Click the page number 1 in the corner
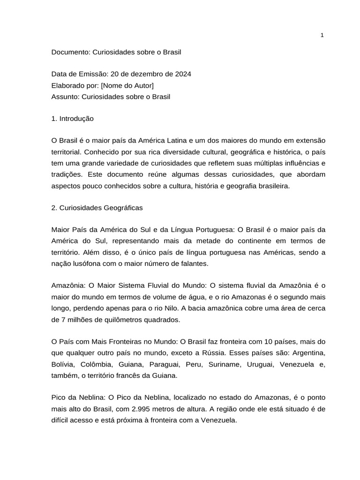coord(322,36)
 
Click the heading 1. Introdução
coord(73,119)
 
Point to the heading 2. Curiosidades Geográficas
coord(97,207)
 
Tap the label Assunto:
coord(66,97)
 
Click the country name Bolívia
coord(64,364)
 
